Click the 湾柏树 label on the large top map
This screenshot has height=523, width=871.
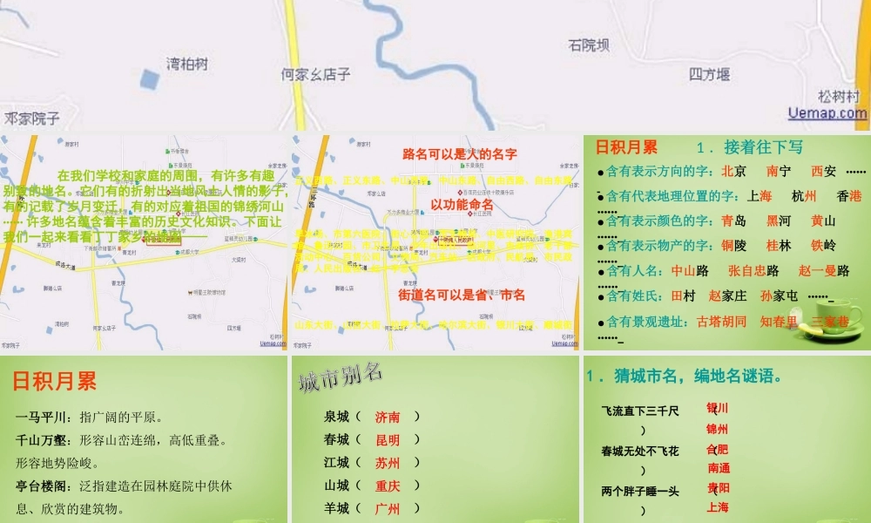(188, 64)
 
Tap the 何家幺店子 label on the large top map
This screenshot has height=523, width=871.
(316, 75)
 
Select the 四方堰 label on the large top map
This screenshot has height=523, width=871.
(709, 74)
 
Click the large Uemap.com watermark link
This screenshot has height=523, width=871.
(827, 112)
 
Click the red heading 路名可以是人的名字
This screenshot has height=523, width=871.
(460, 154)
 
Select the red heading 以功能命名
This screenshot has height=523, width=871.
(462, 205)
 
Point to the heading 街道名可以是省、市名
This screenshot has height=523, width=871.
(462, 295)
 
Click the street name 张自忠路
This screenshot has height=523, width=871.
(753, 271)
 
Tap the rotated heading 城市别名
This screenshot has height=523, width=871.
(341, 377)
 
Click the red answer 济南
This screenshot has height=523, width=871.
(388, 417)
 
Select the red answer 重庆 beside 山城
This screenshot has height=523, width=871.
(388, 486)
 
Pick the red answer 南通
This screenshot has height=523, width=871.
(719, 468)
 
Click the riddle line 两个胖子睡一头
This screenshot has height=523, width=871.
(640, 492)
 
